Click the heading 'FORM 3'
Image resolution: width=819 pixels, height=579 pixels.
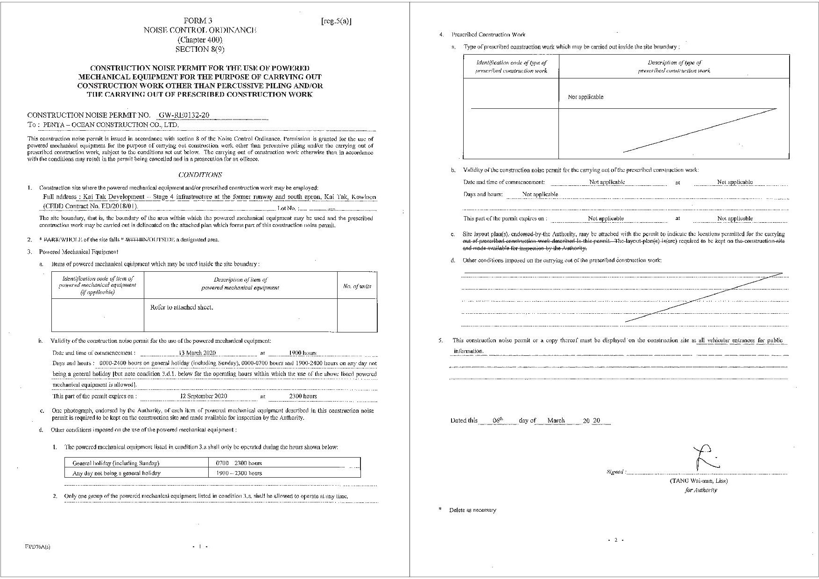tap(198, 21)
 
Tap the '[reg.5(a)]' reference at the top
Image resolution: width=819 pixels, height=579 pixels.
tap(336, 21)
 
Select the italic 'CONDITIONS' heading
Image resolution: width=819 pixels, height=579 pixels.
tap(200, 175)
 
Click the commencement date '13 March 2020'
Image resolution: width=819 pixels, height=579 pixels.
tap(198, 353)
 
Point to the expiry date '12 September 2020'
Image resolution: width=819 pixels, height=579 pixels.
tap(204, 396)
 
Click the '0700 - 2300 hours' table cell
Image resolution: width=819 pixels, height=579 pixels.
tap(239, 463)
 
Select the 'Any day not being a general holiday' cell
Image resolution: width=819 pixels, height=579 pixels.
tap(116, 473)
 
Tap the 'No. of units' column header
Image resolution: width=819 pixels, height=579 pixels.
tap(357, 286)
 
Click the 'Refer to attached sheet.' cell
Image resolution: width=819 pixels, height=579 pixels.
tap(182, 307)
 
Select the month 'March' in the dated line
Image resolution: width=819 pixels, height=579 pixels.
tap(556, 421)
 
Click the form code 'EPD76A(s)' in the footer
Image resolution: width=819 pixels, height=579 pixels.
tap(38, 547)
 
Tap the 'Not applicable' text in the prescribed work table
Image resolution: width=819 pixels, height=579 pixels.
tap(586, 97)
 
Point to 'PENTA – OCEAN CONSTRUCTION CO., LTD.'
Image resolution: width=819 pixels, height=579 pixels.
tap(111, 125)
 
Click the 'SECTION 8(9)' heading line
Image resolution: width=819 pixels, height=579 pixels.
tap(200, 49)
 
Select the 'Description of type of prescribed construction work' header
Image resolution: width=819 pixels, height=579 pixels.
tap(674, 66)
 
